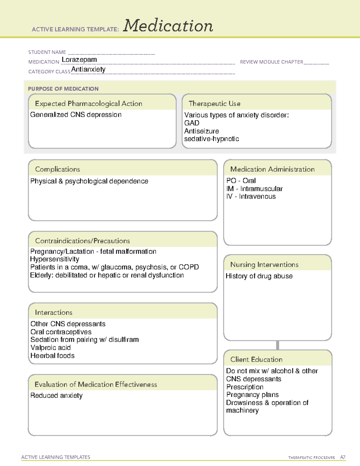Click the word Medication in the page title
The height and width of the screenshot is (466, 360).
coord(168,26)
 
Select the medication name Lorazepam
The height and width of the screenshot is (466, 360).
coord(79,60)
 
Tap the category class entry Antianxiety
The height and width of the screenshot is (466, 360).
coord(88,70)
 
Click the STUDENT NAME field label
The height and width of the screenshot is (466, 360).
coord(47,52)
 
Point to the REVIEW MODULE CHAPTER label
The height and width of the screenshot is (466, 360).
coord(271,62)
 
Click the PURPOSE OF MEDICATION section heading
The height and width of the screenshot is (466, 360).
coord(63,89)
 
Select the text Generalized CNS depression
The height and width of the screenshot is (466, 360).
coord(76,115)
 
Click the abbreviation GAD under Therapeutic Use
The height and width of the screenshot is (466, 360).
coord(192,123)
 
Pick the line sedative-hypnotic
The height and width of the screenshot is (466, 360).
coord(211,139)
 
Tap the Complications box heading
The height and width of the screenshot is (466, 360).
coord(57,169)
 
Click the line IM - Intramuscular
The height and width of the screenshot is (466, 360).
coord(254,189)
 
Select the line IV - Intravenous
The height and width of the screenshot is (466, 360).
coord(251,197)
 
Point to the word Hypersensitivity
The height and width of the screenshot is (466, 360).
coord(55,259)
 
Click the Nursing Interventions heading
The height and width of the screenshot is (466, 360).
coord(264,265)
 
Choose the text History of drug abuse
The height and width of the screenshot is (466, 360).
coord(259,276)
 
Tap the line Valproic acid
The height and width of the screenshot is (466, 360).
coord(50,348)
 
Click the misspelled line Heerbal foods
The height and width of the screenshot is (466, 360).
coord(52,356)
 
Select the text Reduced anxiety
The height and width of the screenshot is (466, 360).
coord(56,396)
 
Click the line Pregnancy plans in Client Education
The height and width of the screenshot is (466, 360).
coord(252,395)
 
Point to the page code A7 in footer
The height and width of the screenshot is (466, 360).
coord(343,457)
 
